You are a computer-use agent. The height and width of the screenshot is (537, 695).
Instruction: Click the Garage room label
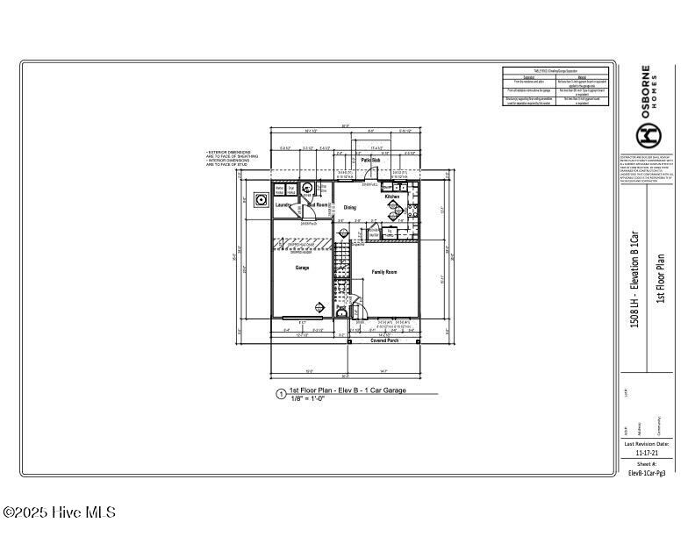pyautogui.click(x=302, y=268)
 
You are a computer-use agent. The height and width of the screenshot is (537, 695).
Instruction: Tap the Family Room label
pyautogui.click(x=384, y=272)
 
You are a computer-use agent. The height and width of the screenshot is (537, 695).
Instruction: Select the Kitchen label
pyautogui.click(x=392, y=197)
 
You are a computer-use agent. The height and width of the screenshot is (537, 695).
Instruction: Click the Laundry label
pyautogui.click(x=283, y=205)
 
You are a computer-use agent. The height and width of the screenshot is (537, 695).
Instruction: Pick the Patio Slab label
pyautogui.click(x=370, y=161)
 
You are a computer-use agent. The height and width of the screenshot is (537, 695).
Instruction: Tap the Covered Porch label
pyautogui.click(x=383, y=340)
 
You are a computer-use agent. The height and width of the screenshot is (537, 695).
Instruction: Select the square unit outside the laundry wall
pyautogui.click(x=261, y=199)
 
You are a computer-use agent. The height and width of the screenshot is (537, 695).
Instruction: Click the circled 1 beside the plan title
pyautogui.click(x=281, y=395)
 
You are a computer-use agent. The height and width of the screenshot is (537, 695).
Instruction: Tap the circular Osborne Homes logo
pyautogui.click(x=648, y=135)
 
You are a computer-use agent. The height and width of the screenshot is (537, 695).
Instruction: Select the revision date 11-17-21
pyautogui.click(x=647, y=453)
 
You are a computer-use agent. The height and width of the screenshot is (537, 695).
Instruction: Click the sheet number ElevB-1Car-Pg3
pyautogui.click(x=647, y=473)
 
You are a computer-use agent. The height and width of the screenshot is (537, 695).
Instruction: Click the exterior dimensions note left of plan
pyautogui.click(x=228, y=158)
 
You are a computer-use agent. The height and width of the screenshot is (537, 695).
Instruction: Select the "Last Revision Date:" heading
pyautogui.click(x=647, y=444)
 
